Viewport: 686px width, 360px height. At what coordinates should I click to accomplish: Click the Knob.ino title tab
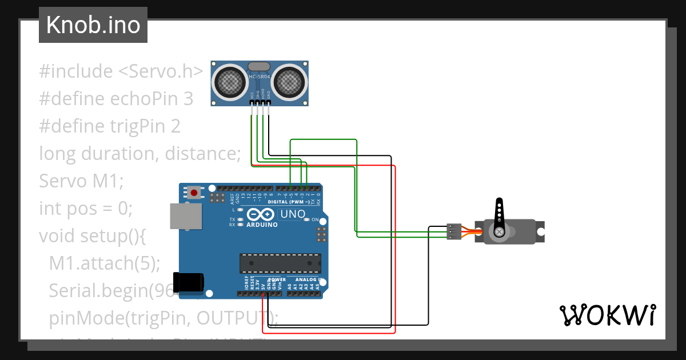pos(93,25)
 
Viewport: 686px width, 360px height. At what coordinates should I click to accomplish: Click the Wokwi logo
pos(607,314)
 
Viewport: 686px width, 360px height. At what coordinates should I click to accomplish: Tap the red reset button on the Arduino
pos(194,193)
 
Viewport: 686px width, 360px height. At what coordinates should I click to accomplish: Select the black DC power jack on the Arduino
pos(190,282)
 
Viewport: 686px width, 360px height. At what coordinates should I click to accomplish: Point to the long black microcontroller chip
pos(280,262)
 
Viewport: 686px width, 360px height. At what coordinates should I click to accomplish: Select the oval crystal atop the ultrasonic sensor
pos(260,66)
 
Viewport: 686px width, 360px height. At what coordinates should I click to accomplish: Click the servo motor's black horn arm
pos(500,215)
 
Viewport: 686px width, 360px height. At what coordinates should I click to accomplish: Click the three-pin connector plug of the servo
pos(454,231)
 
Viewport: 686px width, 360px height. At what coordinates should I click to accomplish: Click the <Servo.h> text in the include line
pos(161,71)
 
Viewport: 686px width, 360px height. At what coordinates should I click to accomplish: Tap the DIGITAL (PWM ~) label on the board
pos(289,202)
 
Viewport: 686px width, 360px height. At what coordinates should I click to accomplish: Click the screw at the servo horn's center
pos(500,231)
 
